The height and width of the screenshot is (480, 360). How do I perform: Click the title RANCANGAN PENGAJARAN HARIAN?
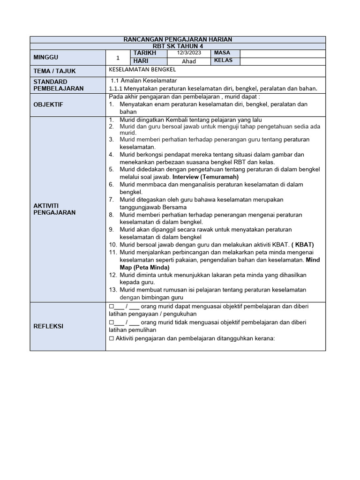point(178,39)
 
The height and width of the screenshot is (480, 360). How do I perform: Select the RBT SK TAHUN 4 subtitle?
point(178,46)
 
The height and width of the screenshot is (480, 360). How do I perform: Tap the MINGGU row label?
point(46,57)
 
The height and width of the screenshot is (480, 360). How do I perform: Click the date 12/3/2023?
point(189,53)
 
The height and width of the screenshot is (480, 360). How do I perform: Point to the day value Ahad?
point(189,61)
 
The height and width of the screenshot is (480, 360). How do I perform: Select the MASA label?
point(222,53)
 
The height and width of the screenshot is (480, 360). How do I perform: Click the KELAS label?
point(223,61)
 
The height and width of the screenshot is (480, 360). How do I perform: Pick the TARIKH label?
point(145,53)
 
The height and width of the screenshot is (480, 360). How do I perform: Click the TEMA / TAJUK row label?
point(55,71)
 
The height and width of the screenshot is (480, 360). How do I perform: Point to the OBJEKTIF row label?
point(48,104)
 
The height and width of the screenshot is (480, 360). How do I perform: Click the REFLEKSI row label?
point(48,326)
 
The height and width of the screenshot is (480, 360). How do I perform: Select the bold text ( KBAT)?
point(302,245)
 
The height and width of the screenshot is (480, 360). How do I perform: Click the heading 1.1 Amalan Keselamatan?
point(143,81)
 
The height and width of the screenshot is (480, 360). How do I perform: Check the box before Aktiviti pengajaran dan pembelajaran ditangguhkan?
point(111,338)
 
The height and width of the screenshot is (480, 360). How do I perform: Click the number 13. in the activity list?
point(113,290)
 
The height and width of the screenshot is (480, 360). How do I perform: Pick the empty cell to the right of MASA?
point(282,53)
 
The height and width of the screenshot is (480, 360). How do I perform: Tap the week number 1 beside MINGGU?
point(118,58)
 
